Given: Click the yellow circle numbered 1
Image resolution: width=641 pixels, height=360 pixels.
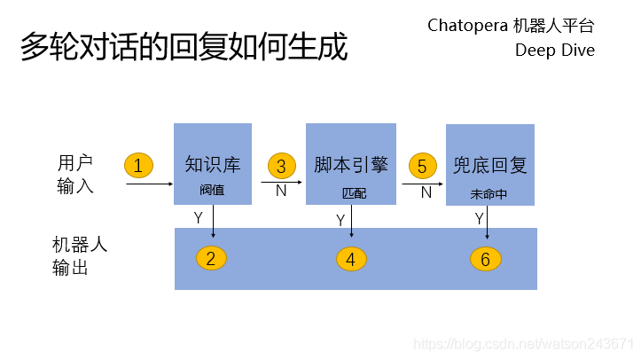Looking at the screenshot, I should point(138,165).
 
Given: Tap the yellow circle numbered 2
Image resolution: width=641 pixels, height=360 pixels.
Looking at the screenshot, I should point(211,258).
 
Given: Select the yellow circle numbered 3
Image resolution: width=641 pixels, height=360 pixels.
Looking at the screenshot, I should point(281,166).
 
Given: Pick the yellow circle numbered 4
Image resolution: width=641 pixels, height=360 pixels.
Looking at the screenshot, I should point(351,259).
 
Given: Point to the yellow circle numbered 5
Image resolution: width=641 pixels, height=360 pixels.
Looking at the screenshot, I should point(422,166).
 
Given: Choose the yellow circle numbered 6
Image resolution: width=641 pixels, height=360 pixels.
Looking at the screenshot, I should point(486,259).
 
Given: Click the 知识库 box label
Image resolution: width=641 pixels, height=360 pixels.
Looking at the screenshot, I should point(213,165).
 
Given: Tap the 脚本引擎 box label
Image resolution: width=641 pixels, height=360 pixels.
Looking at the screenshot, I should point(351,165).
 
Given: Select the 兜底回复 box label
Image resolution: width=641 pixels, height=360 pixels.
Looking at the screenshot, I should point(489,165).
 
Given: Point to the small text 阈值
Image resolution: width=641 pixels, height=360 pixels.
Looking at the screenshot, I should point(213,190).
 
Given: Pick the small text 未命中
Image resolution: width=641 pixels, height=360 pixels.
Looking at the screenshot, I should point(489,192).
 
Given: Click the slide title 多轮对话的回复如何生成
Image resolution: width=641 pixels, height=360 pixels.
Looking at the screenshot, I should point(184,47).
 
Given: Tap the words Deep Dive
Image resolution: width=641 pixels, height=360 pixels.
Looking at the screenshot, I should point(555,50).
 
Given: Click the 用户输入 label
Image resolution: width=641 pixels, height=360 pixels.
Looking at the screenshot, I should point(75,175).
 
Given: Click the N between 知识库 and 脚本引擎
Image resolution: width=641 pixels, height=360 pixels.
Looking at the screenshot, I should point(281,191).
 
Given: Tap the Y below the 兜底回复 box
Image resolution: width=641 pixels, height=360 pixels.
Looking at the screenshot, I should point(479,218).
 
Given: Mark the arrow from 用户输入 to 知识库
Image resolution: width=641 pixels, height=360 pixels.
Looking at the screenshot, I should point(149,184).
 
